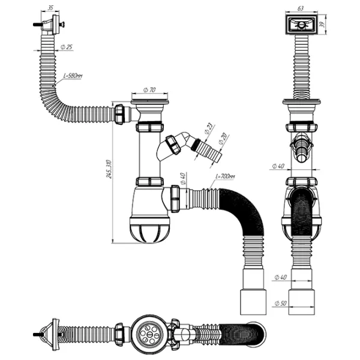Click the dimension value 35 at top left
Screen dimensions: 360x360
pos(50,8)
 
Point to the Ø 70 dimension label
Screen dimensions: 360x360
pos(149,91)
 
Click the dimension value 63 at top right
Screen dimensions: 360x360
pos(301,8)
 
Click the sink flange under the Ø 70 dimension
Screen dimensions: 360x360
pos(149,109)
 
